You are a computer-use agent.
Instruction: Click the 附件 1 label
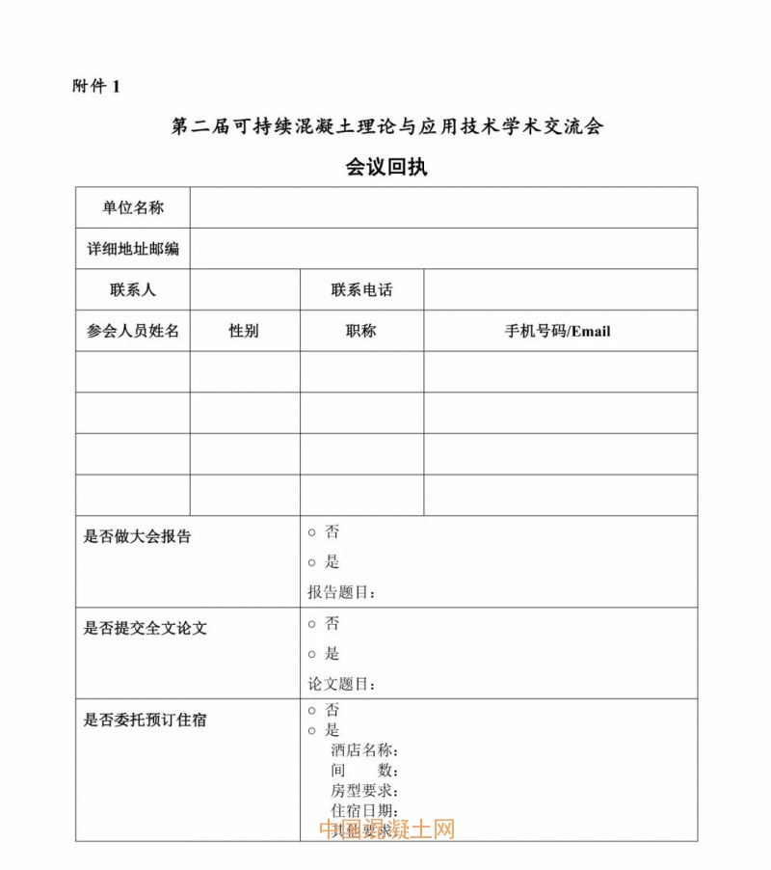[x=96, y=86]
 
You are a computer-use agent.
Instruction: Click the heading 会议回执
[x=385, y=167]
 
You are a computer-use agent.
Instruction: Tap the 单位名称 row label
[x=133, y=207]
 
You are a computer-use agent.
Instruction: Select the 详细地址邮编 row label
[x=133, y=249]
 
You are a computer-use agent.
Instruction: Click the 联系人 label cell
[x=133, y=289]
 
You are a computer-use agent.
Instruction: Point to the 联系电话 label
[x=361, y=289]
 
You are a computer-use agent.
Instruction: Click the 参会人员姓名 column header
[x=133, y=331]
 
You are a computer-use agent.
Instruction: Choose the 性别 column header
[x=244, y=331]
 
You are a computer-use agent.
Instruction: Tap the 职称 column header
[x=361, y=331]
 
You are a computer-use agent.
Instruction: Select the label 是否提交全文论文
[x=146, y=628]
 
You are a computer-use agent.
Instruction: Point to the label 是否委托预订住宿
[x=146, y=719]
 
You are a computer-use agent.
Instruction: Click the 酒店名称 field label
[x=364, y=750]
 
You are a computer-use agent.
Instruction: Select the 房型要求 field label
[x=364, y=791]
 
